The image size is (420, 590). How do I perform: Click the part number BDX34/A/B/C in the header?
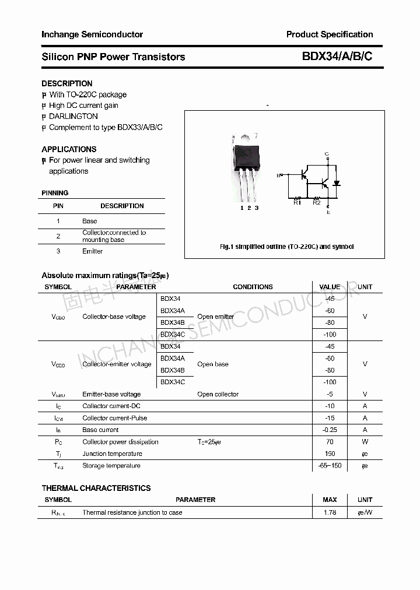[337, 57]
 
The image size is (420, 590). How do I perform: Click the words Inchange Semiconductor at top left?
[92, 34]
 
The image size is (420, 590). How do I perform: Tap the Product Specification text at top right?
[330, 34]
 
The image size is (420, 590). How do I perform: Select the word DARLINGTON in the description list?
[73, 116]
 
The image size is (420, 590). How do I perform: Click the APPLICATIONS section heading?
[69, 149]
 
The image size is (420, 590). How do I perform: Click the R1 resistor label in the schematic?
[297, 202]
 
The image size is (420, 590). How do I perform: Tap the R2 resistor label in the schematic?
[316, 202]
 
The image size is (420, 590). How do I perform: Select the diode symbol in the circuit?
[337, 183]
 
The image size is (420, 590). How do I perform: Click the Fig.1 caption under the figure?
[286, 247]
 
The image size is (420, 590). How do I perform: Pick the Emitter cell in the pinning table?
[92, 251]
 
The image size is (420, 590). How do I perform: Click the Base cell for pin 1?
[90, 221]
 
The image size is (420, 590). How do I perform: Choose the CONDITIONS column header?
[253, 287]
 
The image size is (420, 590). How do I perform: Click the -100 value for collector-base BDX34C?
[330, 335]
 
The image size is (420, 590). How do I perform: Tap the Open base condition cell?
[213, 364]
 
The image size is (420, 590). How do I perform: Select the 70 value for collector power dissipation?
[330, 442]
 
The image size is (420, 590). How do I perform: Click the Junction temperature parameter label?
[112, 454]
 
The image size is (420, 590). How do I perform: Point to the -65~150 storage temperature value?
[330, 466]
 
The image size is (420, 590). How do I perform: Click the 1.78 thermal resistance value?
[330, 512]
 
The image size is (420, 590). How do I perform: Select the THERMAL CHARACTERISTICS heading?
[96, 488]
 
